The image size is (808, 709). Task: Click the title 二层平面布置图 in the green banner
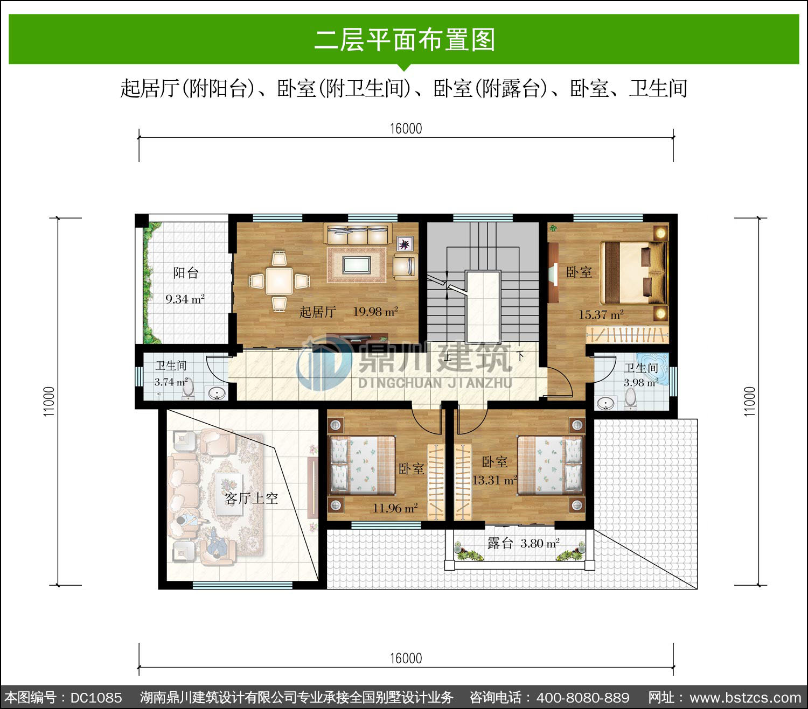(405, 40)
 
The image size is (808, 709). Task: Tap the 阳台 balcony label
(186, 273)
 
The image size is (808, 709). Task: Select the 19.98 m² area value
(375, 312)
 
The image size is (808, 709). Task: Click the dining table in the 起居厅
(279, 281)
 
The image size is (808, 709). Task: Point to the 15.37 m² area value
(601, 315)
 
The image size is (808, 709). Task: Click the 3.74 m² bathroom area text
(171, 382)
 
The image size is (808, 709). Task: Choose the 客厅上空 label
(251, 498)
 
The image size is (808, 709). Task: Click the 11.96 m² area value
(395, 508)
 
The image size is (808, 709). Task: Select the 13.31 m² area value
(494, 480)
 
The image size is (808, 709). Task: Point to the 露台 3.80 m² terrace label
(524, 543)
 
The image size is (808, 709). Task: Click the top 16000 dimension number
(406, 129)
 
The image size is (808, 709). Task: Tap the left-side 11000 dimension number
(48, 401)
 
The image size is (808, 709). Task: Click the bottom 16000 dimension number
(406, 658)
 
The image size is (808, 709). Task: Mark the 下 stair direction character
(520, 356)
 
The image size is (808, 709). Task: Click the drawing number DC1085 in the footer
(96, 698)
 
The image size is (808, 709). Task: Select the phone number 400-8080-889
(583, 698)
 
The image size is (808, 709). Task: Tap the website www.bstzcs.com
(746, 698)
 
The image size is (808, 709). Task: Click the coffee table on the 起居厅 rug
(356, 265)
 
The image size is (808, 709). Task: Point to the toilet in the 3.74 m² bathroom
(188, 388)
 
